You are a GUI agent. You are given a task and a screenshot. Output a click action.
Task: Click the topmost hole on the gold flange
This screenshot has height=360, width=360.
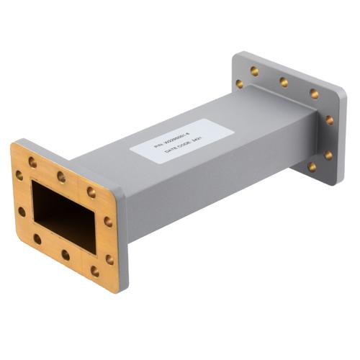coord(32,163)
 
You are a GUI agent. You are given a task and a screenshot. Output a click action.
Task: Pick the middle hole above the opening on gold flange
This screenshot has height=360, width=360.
coord(62,176)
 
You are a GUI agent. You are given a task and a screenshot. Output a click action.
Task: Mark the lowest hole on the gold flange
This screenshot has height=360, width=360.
coord(94,271)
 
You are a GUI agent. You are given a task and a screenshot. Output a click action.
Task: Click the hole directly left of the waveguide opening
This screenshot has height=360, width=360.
coord(22,212)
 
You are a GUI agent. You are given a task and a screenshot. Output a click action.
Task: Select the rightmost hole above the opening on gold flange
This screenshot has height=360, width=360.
coord(91,192)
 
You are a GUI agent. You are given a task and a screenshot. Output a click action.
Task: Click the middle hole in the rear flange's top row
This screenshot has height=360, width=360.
coord(284,82)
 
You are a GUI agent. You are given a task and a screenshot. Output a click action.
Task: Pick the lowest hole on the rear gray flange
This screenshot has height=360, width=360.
coord(312,167)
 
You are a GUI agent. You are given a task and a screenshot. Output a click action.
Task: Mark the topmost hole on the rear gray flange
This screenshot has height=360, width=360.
coord(254,71)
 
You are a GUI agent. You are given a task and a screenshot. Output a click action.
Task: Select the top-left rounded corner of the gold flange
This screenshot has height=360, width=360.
coord(16,148)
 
